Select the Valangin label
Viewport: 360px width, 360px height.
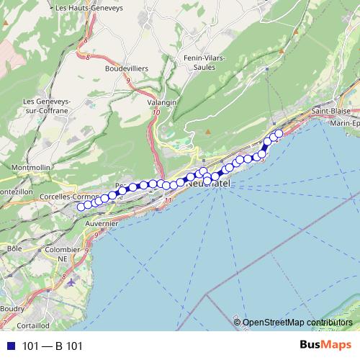pyautogui.click(x=162, y=103)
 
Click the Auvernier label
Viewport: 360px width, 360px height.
pyautogui.click(x=101, y=224)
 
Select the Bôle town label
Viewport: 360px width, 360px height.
pyautogui.click(x=14, y=248)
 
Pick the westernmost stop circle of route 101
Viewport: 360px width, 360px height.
pyautogui.click(x=81, y=207)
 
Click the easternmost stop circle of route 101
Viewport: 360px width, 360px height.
pyautogui.click(x=279, y=132)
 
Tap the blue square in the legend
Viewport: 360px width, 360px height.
pyautogui.click(x=9, y=346)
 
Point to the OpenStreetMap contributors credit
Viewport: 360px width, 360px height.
pyautogui.click(x=297, y=323)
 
